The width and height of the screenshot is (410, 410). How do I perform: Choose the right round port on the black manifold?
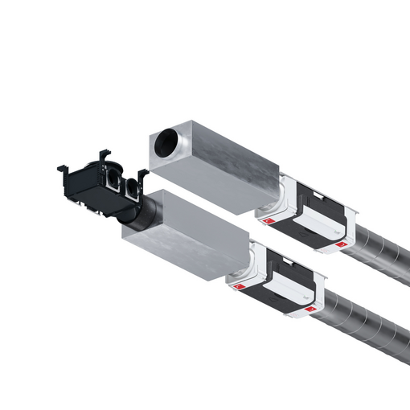point(130,187)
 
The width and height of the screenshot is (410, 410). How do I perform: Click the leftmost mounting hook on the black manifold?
point(63,168)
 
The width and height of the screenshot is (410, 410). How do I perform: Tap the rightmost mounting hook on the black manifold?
point(143,174)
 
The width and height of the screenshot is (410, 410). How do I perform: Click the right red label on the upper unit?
point(342,243)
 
